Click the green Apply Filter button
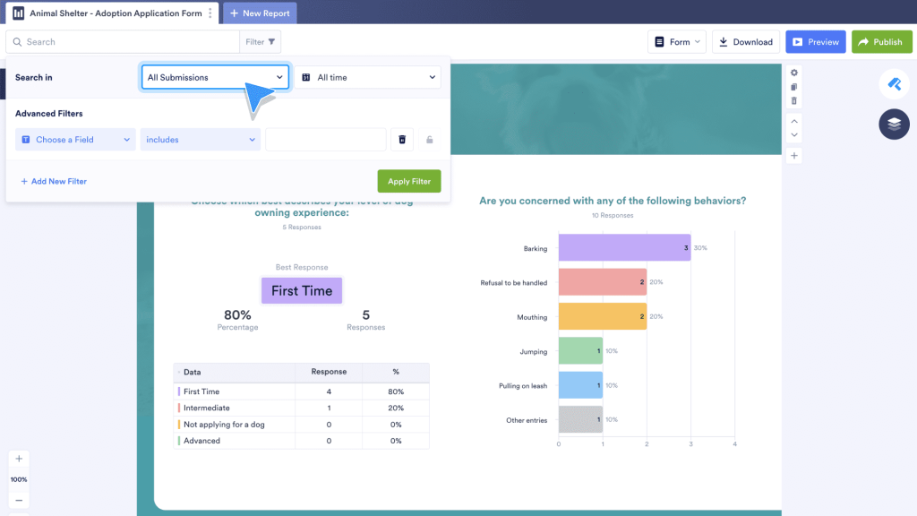click(x=409, y=181)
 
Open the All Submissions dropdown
click(x=215, y=78)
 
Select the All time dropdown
click(x=368, y=78)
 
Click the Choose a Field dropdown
click(x=76, y=140)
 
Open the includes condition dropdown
click(x=201, y=140)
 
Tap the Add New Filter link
click(x=54, y=181)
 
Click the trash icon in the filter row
click(x=402, y=140)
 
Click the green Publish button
click(x=881, y=42)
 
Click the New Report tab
click(x=260, y=13)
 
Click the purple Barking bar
click(x=624, y=247)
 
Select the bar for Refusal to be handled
click(x=602, y=282)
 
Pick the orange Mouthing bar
click(x=602, y=316)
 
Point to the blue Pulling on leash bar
click(x=580, y=385)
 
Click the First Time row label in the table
click(x=201, y=391)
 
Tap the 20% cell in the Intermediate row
click(x=395, y=408)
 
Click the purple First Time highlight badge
click(x=302, y=290)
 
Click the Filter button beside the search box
click(x=261, y=42)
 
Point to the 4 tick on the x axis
click(x=734, y=443)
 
